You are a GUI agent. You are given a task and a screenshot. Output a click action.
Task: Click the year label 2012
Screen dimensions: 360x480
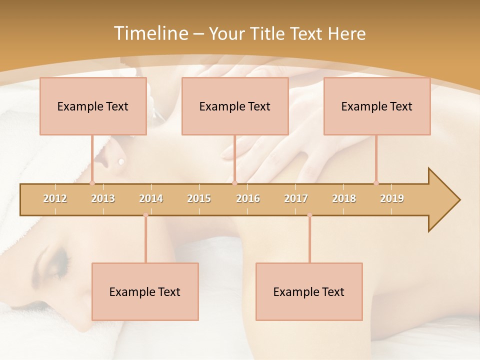point(55,198)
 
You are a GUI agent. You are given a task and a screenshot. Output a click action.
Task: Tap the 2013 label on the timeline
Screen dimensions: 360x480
point(103,198)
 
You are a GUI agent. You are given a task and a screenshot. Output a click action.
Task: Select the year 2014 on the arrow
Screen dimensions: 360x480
point(151,198)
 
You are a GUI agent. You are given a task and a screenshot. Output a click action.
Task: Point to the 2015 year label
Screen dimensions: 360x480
point(199,198)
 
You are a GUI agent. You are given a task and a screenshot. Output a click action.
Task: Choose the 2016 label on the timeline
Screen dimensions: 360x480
point(248,198)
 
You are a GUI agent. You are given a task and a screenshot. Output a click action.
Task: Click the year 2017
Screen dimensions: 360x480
point(296,198)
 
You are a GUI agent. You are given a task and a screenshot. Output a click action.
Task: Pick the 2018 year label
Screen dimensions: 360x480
point(344,198)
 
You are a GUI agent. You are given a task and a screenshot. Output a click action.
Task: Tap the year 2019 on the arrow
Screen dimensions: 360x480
point(392,198)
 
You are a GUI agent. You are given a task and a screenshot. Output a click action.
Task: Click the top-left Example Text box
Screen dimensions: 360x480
point(93,106)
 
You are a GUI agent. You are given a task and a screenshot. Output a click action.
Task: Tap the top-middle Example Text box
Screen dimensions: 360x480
point(235,106)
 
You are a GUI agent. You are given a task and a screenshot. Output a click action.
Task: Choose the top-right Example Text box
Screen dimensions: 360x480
point(377,106)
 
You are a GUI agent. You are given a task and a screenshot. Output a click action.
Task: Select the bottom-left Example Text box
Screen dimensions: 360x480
point(145,291)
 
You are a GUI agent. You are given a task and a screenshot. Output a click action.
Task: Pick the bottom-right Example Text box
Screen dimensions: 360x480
point(309,291)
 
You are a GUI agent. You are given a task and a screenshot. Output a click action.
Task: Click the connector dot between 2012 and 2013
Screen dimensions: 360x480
point(92,183)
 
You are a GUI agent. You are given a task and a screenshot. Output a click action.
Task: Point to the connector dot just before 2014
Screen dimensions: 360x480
point(145,215)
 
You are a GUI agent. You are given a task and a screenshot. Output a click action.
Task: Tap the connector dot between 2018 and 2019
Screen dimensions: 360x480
point(376,183)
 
